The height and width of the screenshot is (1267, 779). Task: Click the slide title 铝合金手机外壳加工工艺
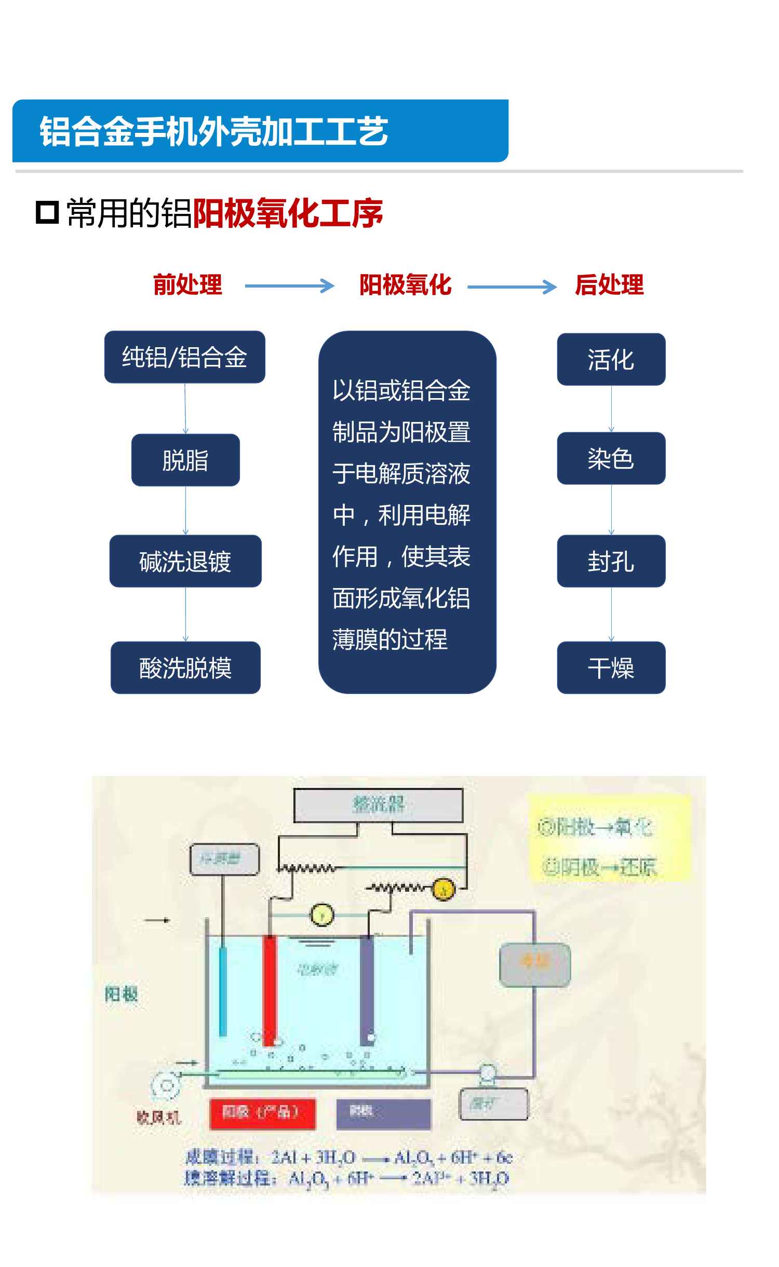click(213, 131)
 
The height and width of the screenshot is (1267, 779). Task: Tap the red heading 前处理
click(187, 285)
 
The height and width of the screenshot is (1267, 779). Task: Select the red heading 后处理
click(609, 285)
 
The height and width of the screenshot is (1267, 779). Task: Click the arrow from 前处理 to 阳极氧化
click(289, 286)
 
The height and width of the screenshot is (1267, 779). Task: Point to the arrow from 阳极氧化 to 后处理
click(512, 287)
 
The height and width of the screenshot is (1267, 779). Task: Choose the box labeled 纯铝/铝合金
click(184, 357)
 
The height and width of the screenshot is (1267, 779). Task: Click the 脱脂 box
click(185, 460)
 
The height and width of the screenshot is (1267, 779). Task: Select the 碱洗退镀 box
click(185, 561)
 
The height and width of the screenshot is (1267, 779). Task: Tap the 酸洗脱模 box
click(185, 667)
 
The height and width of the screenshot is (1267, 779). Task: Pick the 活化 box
click(611, 359)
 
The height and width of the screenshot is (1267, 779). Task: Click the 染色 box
click(611, 458)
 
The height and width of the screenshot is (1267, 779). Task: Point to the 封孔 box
click(611, 561)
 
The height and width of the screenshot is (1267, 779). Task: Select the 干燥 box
click(611, 667)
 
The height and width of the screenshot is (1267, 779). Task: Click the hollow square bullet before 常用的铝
click(47, 212)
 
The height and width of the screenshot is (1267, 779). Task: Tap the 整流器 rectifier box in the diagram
click(378, 805)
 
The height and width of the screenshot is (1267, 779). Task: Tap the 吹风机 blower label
click(158, 1117)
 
